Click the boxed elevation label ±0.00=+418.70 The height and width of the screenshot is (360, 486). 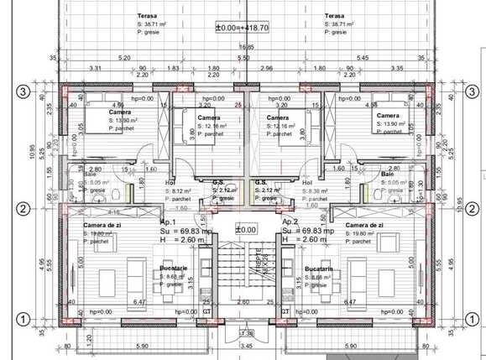click(242, 28)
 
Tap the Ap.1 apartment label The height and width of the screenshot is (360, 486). click(167, 222)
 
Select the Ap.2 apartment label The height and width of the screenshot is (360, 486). click(290, 222)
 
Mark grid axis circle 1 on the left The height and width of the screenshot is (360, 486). click(25, 318)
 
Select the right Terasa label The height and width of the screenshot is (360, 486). click(334, 15)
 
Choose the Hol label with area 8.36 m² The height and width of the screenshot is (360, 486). click(306, 181)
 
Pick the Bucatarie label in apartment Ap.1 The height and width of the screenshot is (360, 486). click(173, 269)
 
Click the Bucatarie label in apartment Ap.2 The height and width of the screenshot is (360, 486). click(320, 269)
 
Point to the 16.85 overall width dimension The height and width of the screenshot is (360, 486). click(243, 47)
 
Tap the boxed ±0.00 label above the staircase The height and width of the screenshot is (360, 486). click(245, 229)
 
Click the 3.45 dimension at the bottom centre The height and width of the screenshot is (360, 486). click(245, 345)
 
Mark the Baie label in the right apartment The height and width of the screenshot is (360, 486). click(388, 173)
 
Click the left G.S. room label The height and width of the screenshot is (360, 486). click(217, 181)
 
